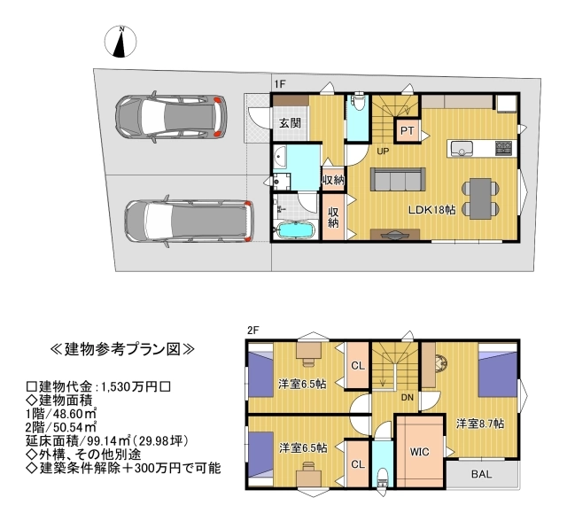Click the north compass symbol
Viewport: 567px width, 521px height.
120,42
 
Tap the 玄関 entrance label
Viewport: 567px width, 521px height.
290,123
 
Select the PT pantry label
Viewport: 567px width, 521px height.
408,130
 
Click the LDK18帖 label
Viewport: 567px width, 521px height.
432,210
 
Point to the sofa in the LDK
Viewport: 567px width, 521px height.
398,179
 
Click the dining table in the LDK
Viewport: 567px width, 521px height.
480,198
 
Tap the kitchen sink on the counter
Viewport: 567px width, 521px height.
461,148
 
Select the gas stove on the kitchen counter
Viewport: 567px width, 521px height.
504,148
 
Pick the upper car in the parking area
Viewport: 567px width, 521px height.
171,117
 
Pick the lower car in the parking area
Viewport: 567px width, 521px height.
189,221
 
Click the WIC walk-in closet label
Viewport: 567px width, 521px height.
419,452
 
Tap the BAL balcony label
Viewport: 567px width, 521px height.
482,474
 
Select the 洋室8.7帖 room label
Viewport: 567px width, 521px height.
480,424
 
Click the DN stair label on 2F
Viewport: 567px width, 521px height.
408,397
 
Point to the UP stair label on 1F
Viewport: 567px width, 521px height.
383,152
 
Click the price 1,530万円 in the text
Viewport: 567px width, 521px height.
130,387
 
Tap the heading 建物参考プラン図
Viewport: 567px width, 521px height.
122,349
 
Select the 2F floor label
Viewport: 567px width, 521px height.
253,330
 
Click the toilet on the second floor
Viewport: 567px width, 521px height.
382,478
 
